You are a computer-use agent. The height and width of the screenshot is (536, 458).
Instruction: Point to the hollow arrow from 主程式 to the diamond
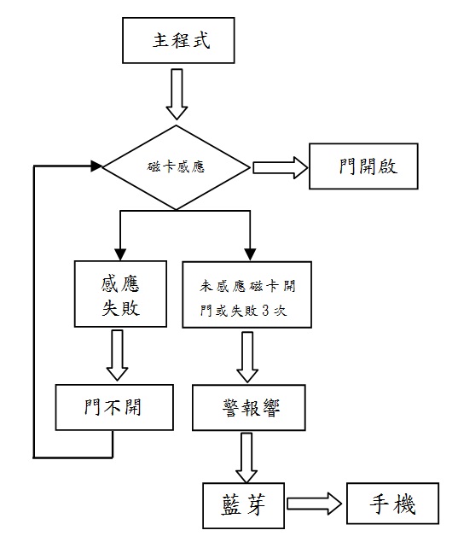177,94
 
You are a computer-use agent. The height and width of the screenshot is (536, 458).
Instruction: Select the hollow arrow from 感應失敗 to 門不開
117,355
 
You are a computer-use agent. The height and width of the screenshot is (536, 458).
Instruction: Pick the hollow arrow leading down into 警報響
247,357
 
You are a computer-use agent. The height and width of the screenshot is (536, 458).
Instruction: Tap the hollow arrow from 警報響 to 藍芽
246,457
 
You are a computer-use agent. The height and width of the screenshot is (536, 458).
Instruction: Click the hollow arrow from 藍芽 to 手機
314,504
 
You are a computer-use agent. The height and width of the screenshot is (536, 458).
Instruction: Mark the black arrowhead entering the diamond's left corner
96,166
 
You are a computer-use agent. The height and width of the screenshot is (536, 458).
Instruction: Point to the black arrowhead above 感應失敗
120,254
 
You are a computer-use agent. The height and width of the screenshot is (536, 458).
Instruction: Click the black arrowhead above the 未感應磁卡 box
251,254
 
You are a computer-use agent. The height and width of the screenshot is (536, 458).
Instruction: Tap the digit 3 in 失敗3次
266,311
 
